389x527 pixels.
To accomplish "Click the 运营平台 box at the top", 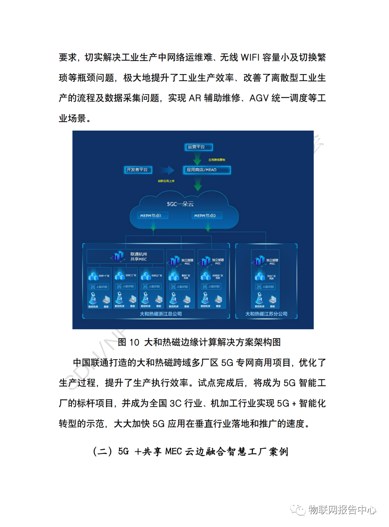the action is pos(198,147).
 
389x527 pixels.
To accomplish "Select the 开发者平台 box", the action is pos(138,170).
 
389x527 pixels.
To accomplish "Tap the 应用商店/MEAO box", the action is pos(207,170).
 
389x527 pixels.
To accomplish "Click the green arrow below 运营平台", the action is pos(198,159).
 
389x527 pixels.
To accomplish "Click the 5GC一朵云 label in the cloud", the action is pos(180,204).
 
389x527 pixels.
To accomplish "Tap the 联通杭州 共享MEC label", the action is pos(138,257).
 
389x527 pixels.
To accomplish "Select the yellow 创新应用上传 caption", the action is pos(166,181).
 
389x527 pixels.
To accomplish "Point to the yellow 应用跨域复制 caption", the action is pos(217,160).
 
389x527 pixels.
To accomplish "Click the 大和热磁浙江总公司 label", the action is pos(161,314).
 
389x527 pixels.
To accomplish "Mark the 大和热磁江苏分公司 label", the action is pos(266,314).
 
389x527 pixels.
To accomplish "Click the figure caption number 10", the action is pos(134,342).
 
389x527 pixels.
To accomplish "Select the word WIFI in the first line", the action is pos(250,58).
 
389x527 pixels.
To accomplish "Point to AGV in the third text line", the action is pos(259,98).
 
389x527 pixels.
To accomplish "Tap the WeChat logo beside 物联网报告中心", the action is pos(299,510).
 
